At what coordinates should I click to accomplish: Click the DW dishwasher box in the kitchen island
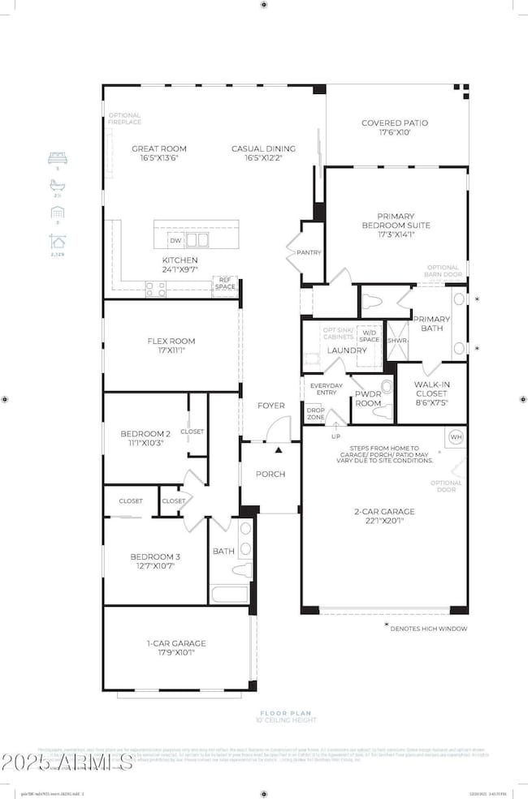(175, 240)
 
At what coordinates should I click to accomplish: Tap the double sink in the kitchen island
(197, 240)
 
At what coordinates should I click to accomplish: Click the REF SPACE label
(225, 283)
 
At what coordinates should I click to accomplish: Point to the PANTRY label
(309, 252)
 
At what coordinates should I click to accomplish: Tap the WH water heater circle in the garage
(455, 437)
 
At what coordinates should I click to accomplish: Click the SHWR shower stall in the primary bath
(397, 342)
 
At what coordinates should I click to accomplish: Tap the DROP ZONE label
(315, 413)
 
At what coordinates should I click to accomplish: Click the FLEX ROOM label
(171, 342)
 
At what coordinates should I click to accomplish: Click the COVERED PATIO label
(394, 123)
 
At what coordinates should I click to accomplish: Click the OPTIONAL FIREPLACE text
(124, 118)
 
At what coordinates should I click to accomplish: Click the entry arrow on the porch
(279, 449)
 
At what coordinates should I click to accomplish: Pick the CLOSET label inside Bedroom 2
(193, 432)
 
